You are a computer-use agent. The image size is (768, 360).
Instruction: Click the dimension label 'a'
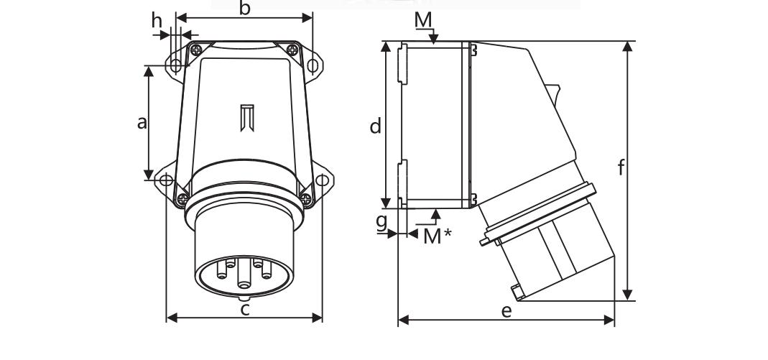(142, 123)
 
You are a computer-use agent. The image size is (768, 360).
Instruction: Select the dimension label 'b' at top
(244, 9)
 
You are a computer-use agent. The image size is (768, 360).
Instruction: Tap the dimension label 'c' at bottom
(245, 310)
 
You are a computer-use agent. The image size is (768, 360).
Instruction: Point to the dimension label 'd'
(375, 127)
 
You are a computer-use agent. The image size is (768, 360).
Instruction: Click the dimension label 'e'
(506, 311)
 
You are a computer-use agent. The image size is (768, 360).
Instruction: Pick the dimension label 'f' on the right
(621, 168)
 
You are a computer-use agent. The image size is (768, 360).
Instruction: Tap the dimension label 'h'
(157, 21)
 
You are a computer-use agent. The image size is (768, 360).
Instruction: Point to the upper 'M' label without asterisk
(425, 19)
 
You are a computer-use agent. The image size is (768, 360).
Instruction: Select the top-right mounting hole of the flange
(313, 65)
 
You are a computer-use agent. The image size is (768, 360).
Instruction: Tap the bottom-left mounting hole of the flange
(165, 180)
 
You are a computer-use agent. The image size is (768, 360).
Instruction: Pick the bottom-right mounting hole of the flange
(323, 180)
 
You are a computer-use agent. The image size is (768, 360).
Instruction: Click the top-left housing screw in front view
(195, 49)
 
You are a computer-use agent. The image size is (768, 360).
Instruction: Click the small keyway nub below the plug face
(244, 296)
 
